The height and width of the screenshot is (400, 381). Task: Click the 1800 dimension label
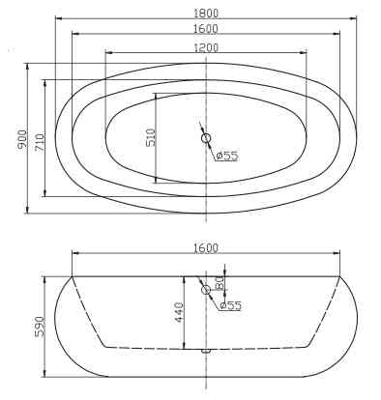[206, 14]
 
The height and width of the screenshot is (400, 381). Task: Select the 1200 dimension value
[206, 47]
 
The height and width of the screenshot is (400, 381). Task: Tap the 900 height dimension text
[22, 139]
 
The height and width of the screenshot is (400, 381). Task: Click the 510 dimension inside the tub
[150, 137]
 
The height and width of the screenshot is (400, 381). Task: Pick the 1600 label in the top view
[206, 29]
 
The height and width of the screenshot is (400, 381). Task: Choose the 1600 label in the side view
[206, 248]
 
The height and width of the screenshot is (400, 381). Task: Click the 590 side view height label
[39, 327]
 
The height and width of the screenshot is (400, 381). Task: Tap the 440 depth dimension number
[178, 312]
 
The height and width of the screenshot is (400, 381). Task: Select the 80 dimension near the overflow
[220, 283]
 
